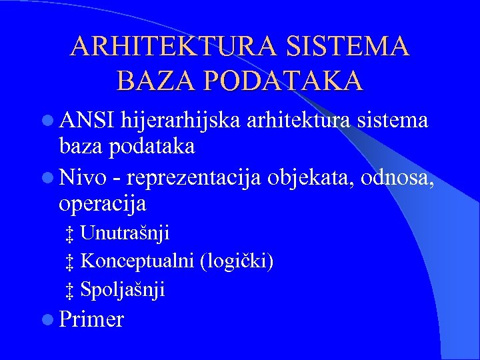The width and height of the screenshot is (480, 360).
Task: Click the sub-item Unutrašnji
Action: [125, 233]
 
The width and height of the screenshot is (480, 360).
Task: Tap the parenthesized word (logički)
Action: [237, 261]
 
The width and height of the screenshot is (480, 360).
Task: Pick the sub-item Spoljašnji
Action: [123, 289]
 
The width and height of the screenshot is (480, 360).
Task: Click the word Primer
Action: [91, 319]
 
